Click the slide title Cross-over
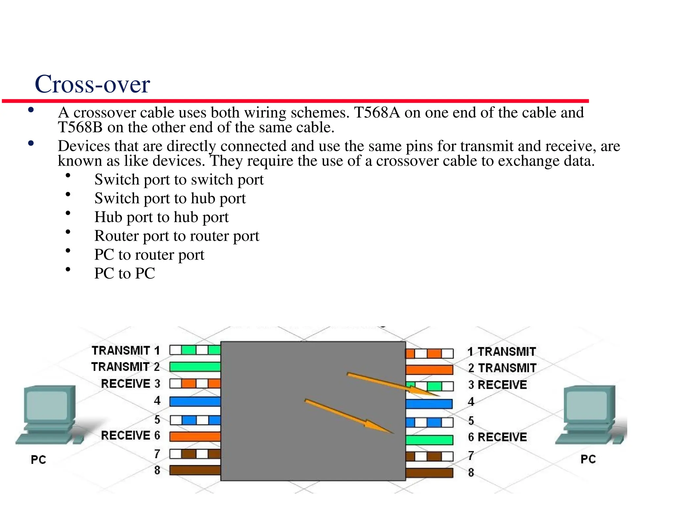pos(92,84)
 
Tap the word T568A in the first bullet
pos(377,113)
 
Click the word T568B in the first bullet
pos(81,127)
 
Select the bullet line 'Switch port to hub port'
pos(170,198)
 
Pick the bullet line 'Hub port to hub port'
pos(161,217)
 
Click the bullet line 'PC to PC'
pos(125,273)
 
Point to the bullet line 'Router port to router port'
pos(176,236)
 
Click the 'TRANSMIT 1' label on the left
pos(126,351)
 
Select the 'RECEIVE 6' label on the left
pos(130,436)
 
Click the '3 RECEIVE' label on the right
pos(497,385)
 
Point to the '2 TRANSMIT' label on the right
pos(502,368)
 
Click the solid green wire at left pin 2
pos(195,367)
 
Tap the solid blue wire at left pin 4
pos(195,402)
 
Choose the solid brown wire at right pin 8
pos(429,473)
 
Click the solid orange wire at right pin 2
pos(429,370)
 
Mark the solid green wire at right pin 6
pos(429,440)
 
